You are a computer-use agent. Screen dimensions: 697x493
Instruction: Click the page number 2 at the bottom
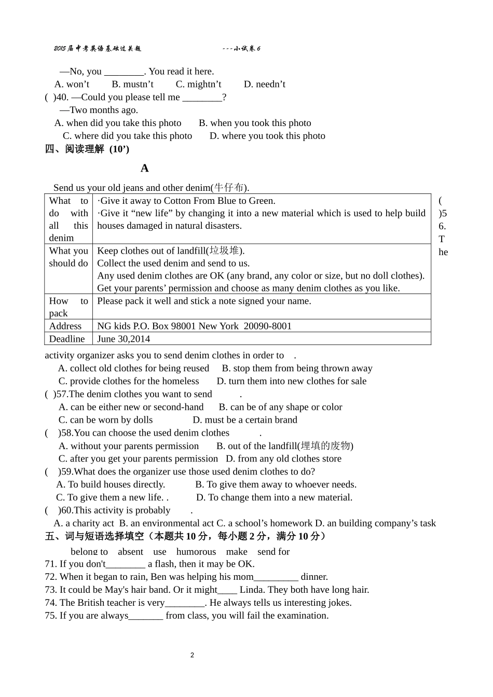click(x=192, y=655)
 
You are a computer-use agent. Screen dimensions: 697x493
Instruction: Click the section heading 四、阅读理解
click(x=75, y=149)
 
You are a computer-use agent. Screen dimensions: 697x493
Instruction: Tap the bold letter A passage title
click(x=145, y=168)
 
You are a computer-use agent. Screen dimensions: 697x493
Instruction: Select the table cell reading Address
click(x=65, y=326)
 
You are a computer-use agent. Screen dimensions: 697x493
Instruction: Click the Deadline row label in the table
click(x=67, y=339)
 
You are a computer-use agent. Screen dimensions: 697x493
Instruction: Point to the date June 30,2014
click(x=124, y=339)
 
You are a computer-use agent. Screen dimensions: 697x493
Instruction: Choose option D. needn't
click(x=265, y=84)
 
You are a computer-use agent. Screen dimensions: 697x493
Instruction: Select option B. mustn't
click(x=132, y=84)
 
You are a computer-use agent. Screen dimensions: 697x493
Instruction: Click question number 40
click(x=62, y=97)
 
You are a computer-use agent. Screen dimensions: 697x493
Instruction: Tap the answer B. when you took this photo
click(x=255, y=123)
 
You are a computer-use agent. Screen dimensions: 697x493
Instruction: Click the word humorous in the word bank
click(x=196, y=552)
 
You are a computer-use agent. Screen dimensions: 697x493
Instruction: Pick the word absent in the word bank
click(x=130, y=552)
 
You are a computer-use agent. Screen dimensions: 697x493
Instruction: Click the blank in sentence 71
click(x=126, y=564)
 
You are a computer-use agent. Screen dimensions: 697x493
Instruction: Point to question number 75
click(x=50, y=616)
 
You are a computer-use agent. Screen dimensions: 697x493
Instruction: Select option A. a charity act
click(x=84, y=523)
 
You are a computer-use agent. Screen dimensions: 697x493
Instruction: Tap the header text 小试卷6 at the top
click(x=247, y=49)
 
